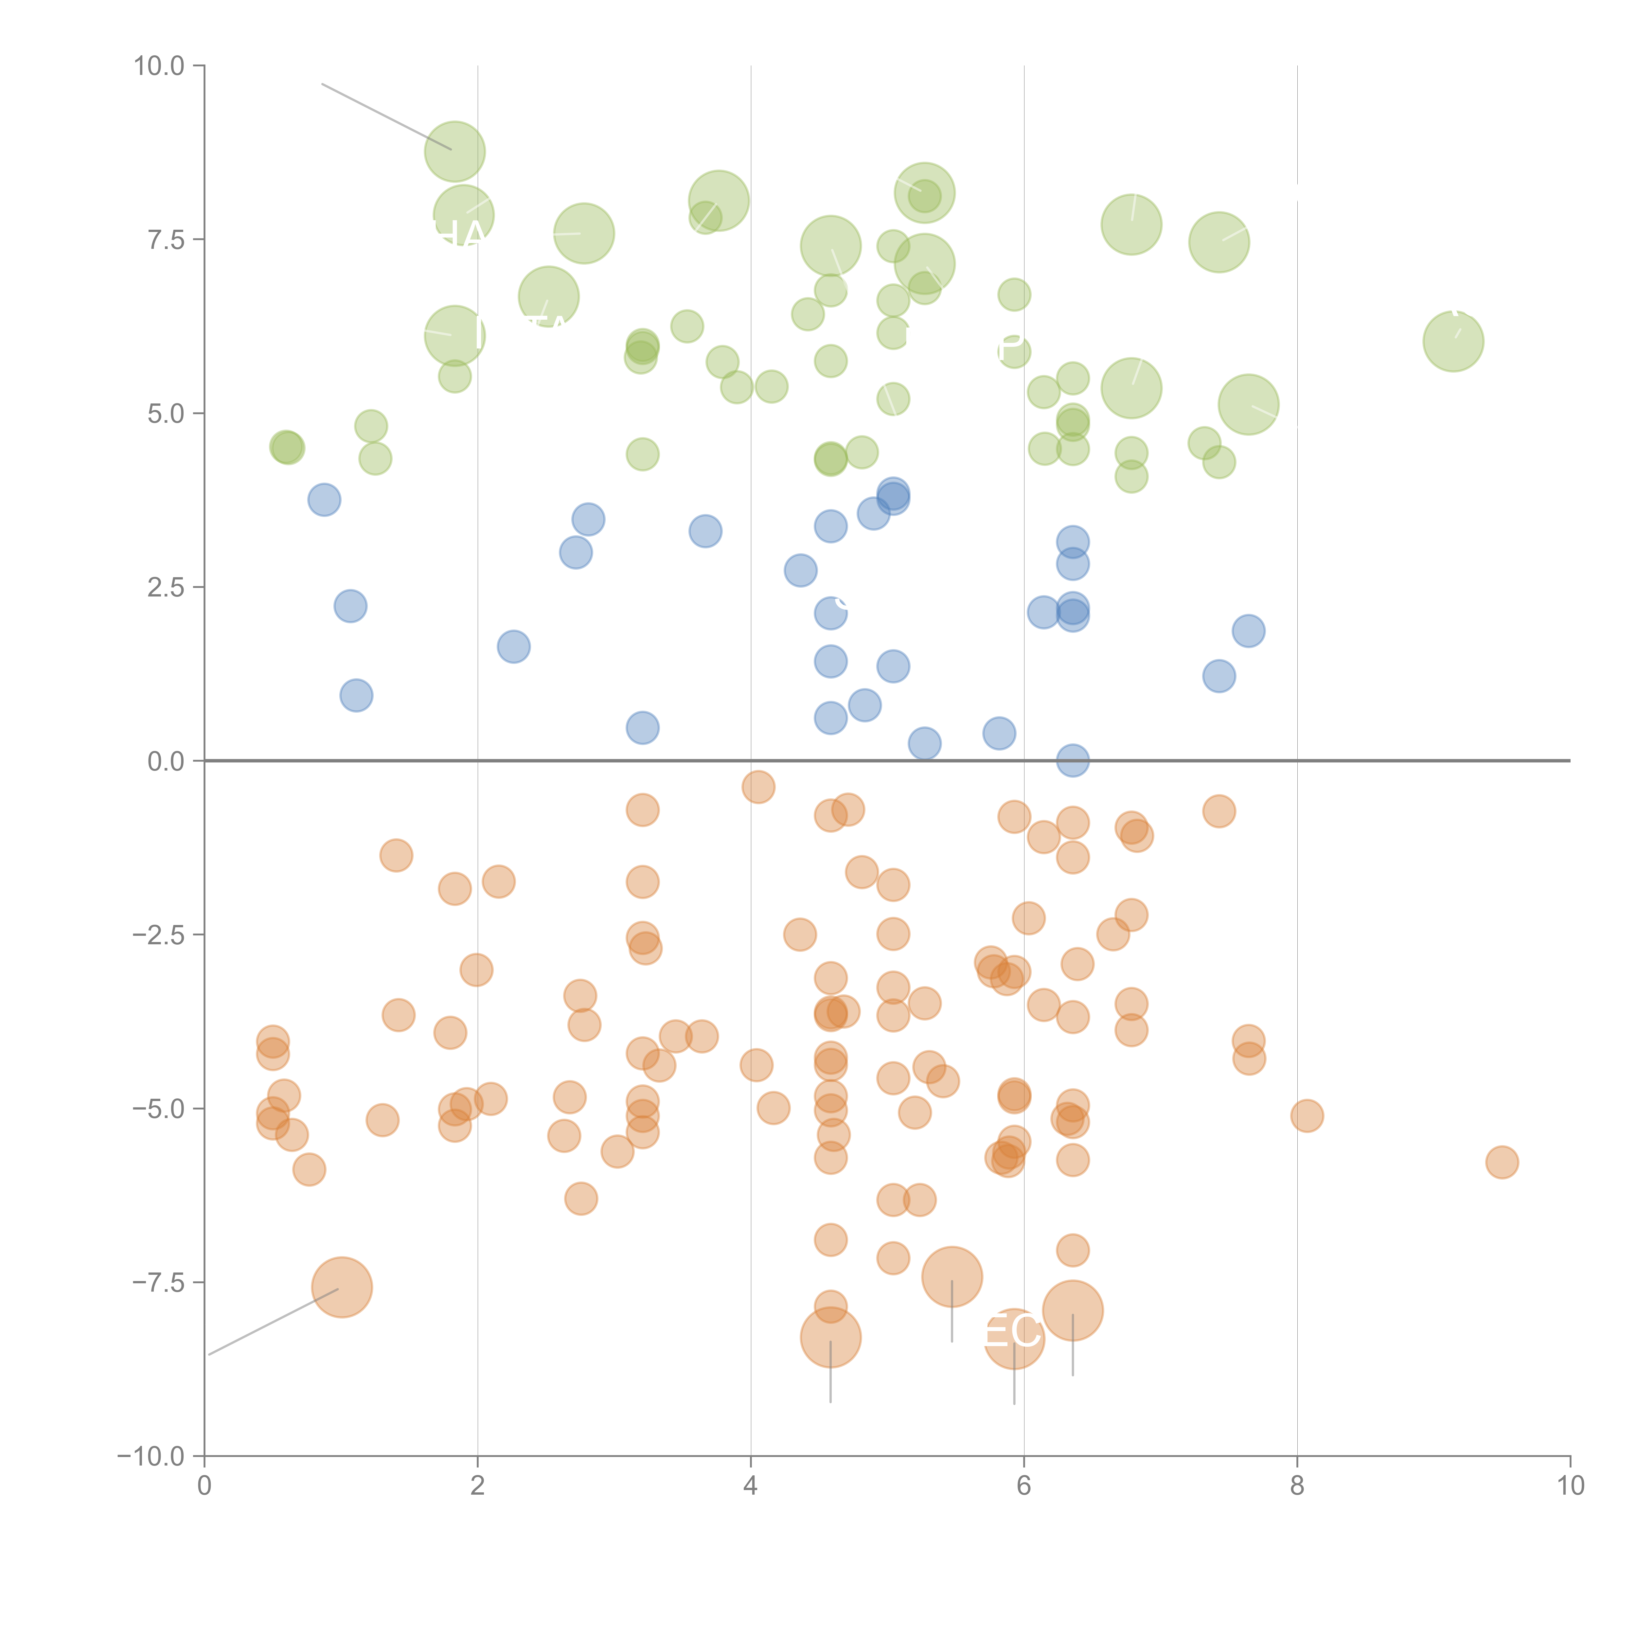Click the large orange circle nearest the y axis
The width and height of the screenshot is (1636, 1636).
tap(342, 1288)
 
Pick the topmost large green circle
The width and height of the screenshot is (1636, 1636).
tap(455, 151)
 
